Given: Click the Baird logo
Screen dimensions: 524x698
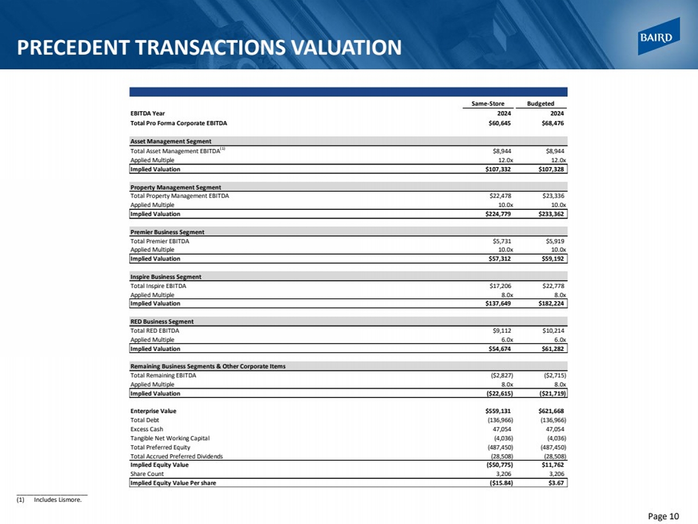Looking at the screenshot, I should coord(658,37).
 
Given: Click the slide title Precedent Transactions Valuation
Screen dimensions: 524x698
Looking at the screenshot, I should coord(209,47).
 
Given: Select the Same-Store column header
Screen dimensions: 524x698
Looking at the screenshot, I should coord(487,103).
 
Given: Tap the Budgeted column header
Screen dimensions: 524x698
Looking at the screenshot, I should coord(540,103).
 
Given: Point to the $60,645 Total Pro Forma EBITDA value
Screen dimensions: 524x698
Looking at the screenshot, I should coord(499,123).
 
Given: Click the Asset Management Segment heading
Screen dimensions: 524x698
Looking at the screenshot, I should coord(171,141).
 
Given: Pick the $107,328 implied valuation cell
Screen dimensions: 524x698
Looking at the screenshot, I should coord(551,169).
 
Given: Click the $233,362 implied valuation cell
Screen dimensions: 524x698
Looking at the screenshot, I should coord(551,214).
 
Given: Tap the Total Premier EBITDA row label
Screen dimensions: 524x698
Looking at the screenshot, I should coord(160,241).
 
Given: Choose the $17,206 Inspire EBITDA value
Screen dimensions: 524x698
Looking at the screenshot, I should coord(500,286).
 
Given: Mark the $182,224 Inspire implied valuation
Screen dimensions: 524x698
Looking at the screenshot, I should coord(551,303).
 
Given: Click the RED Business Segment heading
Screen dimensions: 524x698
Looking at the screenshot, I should coord(162,322).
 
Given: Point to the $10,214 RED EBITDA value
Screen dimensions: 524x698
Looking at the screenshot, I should coord(553,331).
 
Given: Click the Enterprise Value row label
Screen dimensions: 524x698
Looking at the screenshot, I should coord(153,411).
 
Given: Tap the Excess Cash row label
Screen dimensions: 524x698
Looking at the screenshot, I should coord(147,429).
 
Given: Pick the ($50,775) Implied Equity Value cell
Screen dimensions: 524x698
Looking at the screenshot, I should coord(499,465).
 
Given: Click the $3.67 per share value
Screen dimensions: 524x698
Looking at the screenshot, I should coord(556,483).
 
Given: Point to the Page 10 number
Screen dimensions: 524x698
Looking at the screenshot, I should coord(663,516).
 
